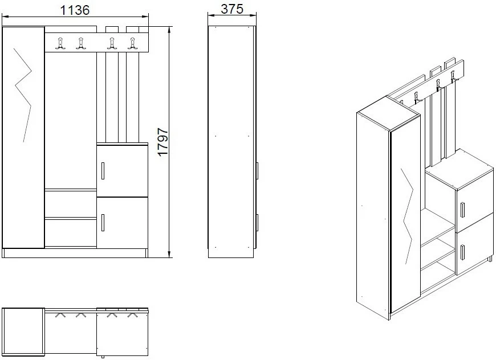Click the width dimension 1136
pos(75,10)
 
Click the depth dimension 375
pos(232,9)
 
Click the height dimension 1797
pos(163,142)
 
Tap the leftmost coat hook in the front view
pos(60,43)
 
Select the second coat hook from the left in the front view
pos(81,43)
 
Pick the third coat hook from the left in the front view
pos(112,43)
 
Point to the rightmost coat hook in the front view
pos(132,43)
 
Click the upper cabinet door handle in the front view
pos(103,171)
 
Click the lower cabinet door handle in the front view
pos(103,223)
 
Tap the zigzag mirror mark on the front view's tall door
pos(23,95)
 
